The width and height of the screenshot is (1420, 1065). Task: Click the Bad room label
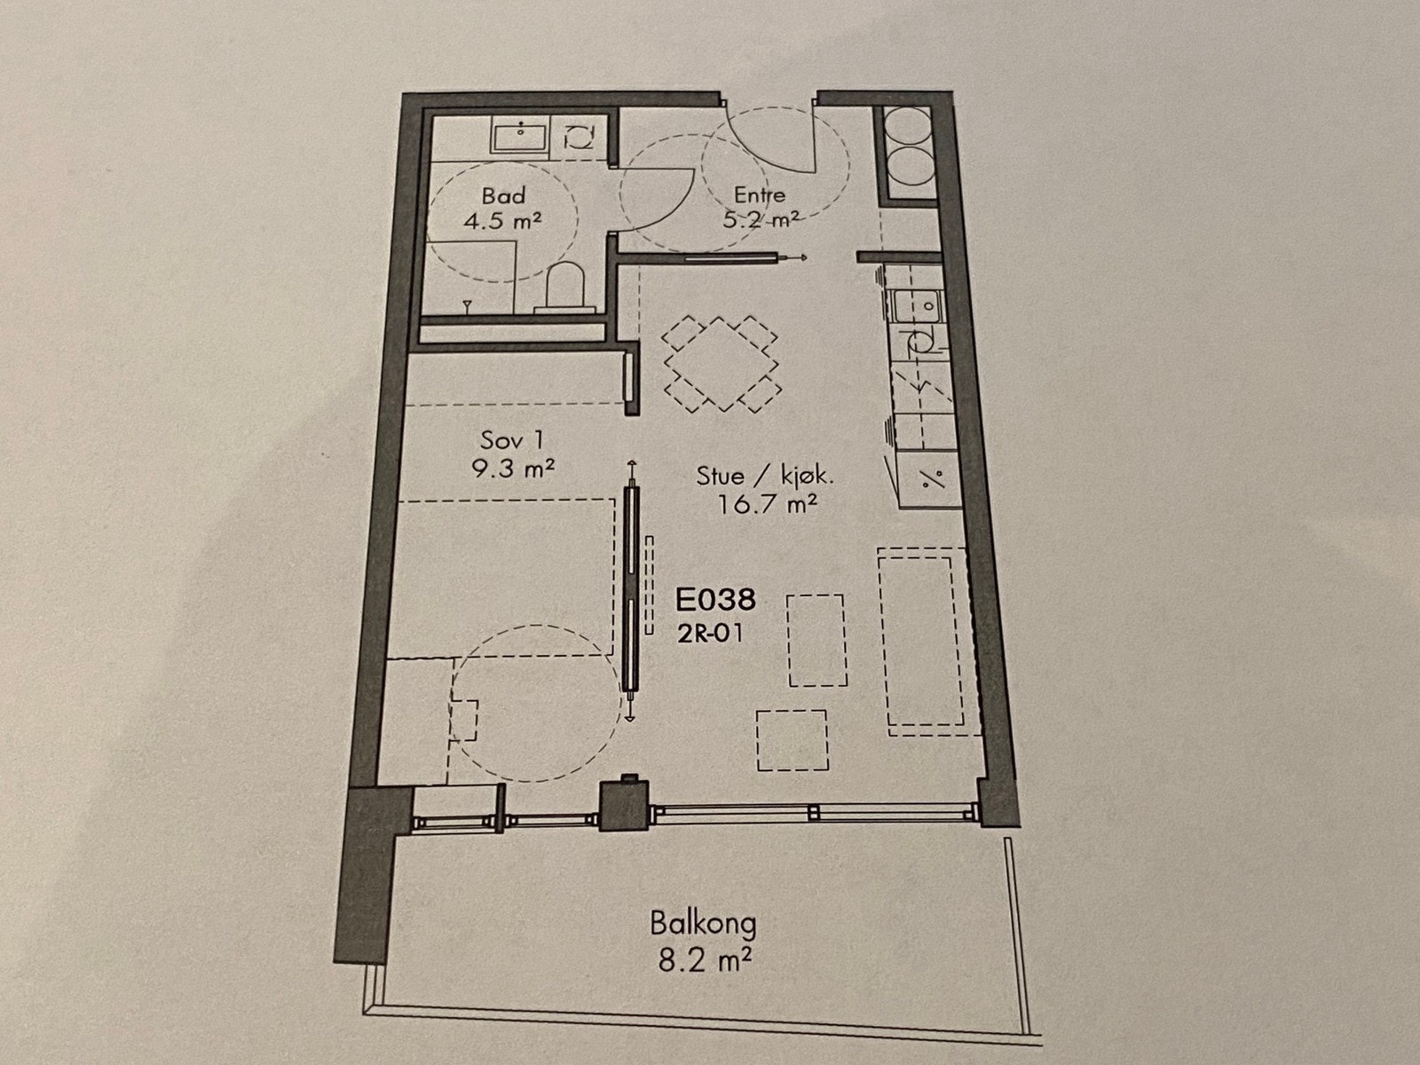click(x=503, y=195)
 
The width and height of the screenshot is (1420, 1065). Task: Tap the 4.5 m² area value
click(x=503, y=220)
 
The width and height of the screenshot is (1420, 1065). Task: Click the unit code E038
click(x=715, y=601)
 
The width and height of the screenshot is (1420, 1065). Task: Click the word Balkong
click(x=703, y=924)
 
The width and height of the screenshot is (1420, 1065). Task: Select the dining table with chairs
click(x=722, y=363)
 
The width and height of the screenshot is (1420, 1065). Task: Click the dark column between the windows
click(x=626, y=804)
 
